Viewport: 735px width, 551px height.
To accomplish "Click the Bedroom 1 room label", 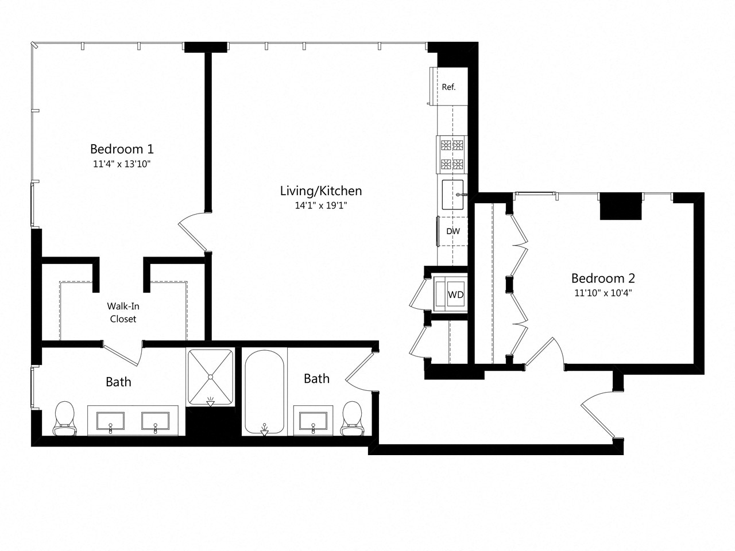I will [122, 149].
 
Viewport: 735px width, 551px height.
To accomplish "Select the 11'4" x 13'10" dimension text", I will [122, 164].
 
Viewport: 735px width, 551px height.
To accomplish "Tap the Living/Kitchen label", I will [320, 191].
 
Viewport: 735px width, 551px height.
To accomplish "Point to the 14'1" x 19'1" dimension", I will [320, 205].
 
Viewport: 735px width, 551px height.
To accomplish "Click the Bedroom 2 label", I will [603, 278].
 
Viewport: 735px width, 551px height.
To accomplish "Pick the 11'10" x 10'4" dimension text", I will [603, 293].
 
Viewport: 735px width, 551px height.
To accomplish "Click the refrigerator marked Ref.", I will [448, 87].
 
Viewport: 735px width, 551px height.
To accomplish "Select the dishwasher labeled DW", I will [452, 231].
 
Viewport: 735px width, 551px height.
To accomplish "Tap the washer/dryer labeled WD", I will [455, 295].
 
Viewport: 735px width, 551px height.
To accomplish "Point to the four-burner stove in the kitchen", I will [451, 155].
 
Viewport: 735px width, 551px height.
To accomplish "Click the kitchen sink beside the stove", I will [453, 195].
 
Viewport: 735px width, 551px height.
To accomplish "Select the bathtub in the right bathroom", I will [264, 393].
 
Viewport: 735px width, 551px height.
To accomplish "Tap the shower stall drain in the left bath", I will [210, 377].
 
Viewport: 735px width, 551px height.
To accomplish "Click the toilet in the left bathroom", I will [64, 418].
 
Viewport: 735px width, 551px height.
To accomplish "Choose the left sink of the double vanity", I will [111, 420].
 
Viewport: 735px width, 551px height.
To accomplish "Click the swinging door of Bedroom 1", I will [192, 232].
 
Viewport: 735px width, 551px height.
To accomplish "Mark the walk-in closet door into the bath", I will [122, 354].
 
